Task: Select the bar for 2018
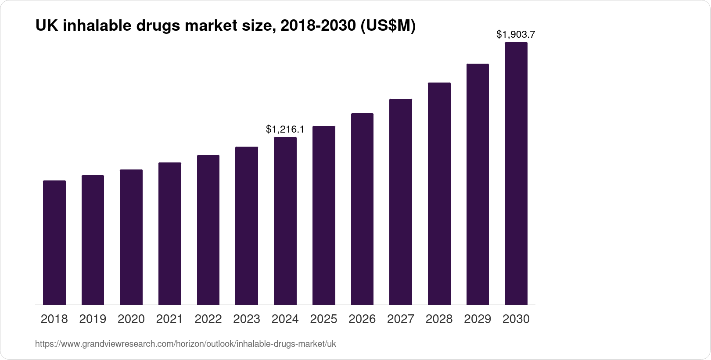tap(54, 242)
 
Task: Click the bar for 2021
tap(170, 234)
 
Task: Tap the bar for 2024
tap(285, 221)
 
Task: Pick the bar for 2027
tap(400, 202)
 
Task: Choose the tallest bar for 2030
tap(516, 173)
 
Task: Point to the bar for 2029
tap(478, 184)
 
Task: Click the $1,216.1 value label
tap(285, 130)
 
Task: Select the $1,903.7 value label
tap(516, 34)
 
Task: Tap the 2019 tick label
tap(93, 319)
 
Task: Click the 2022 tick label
tap(208, 319)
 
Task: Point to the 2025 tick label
tap(323, 319)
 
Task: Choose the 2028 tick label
tap(439, 319)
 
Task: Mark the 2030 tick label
tap(516, 319)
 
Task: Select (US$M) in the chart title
tap(388, 26)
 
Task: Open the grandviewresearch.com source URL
tap(185, 344)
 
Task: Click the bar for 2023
tap(247, 226)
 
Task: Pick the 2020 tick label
tap(131, 319)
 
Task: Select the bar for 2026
tap(362, 209)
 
